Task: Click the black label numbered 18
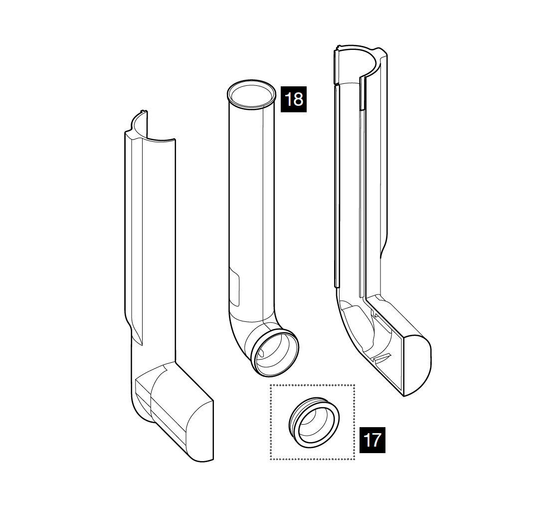pyautogui.click(x=293, y=99)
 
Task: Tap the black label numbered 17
pyautogui.click(x=372, y=440)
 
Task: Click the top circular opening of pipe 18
pyautogui.click(x=251, y=94)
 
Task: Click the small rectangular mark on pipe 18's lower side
pyautogui.click(x=234, y=286)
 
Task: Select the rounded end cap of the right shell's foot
pyautogui.click(x=418, y=366)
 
